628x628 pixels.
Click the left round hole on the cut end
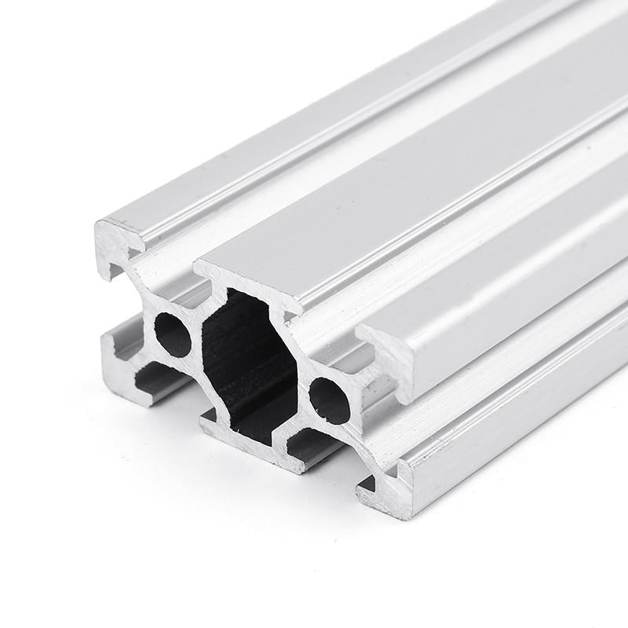click(173, 335)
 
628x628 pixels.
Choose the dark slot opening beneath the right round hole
click(310, 447)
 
